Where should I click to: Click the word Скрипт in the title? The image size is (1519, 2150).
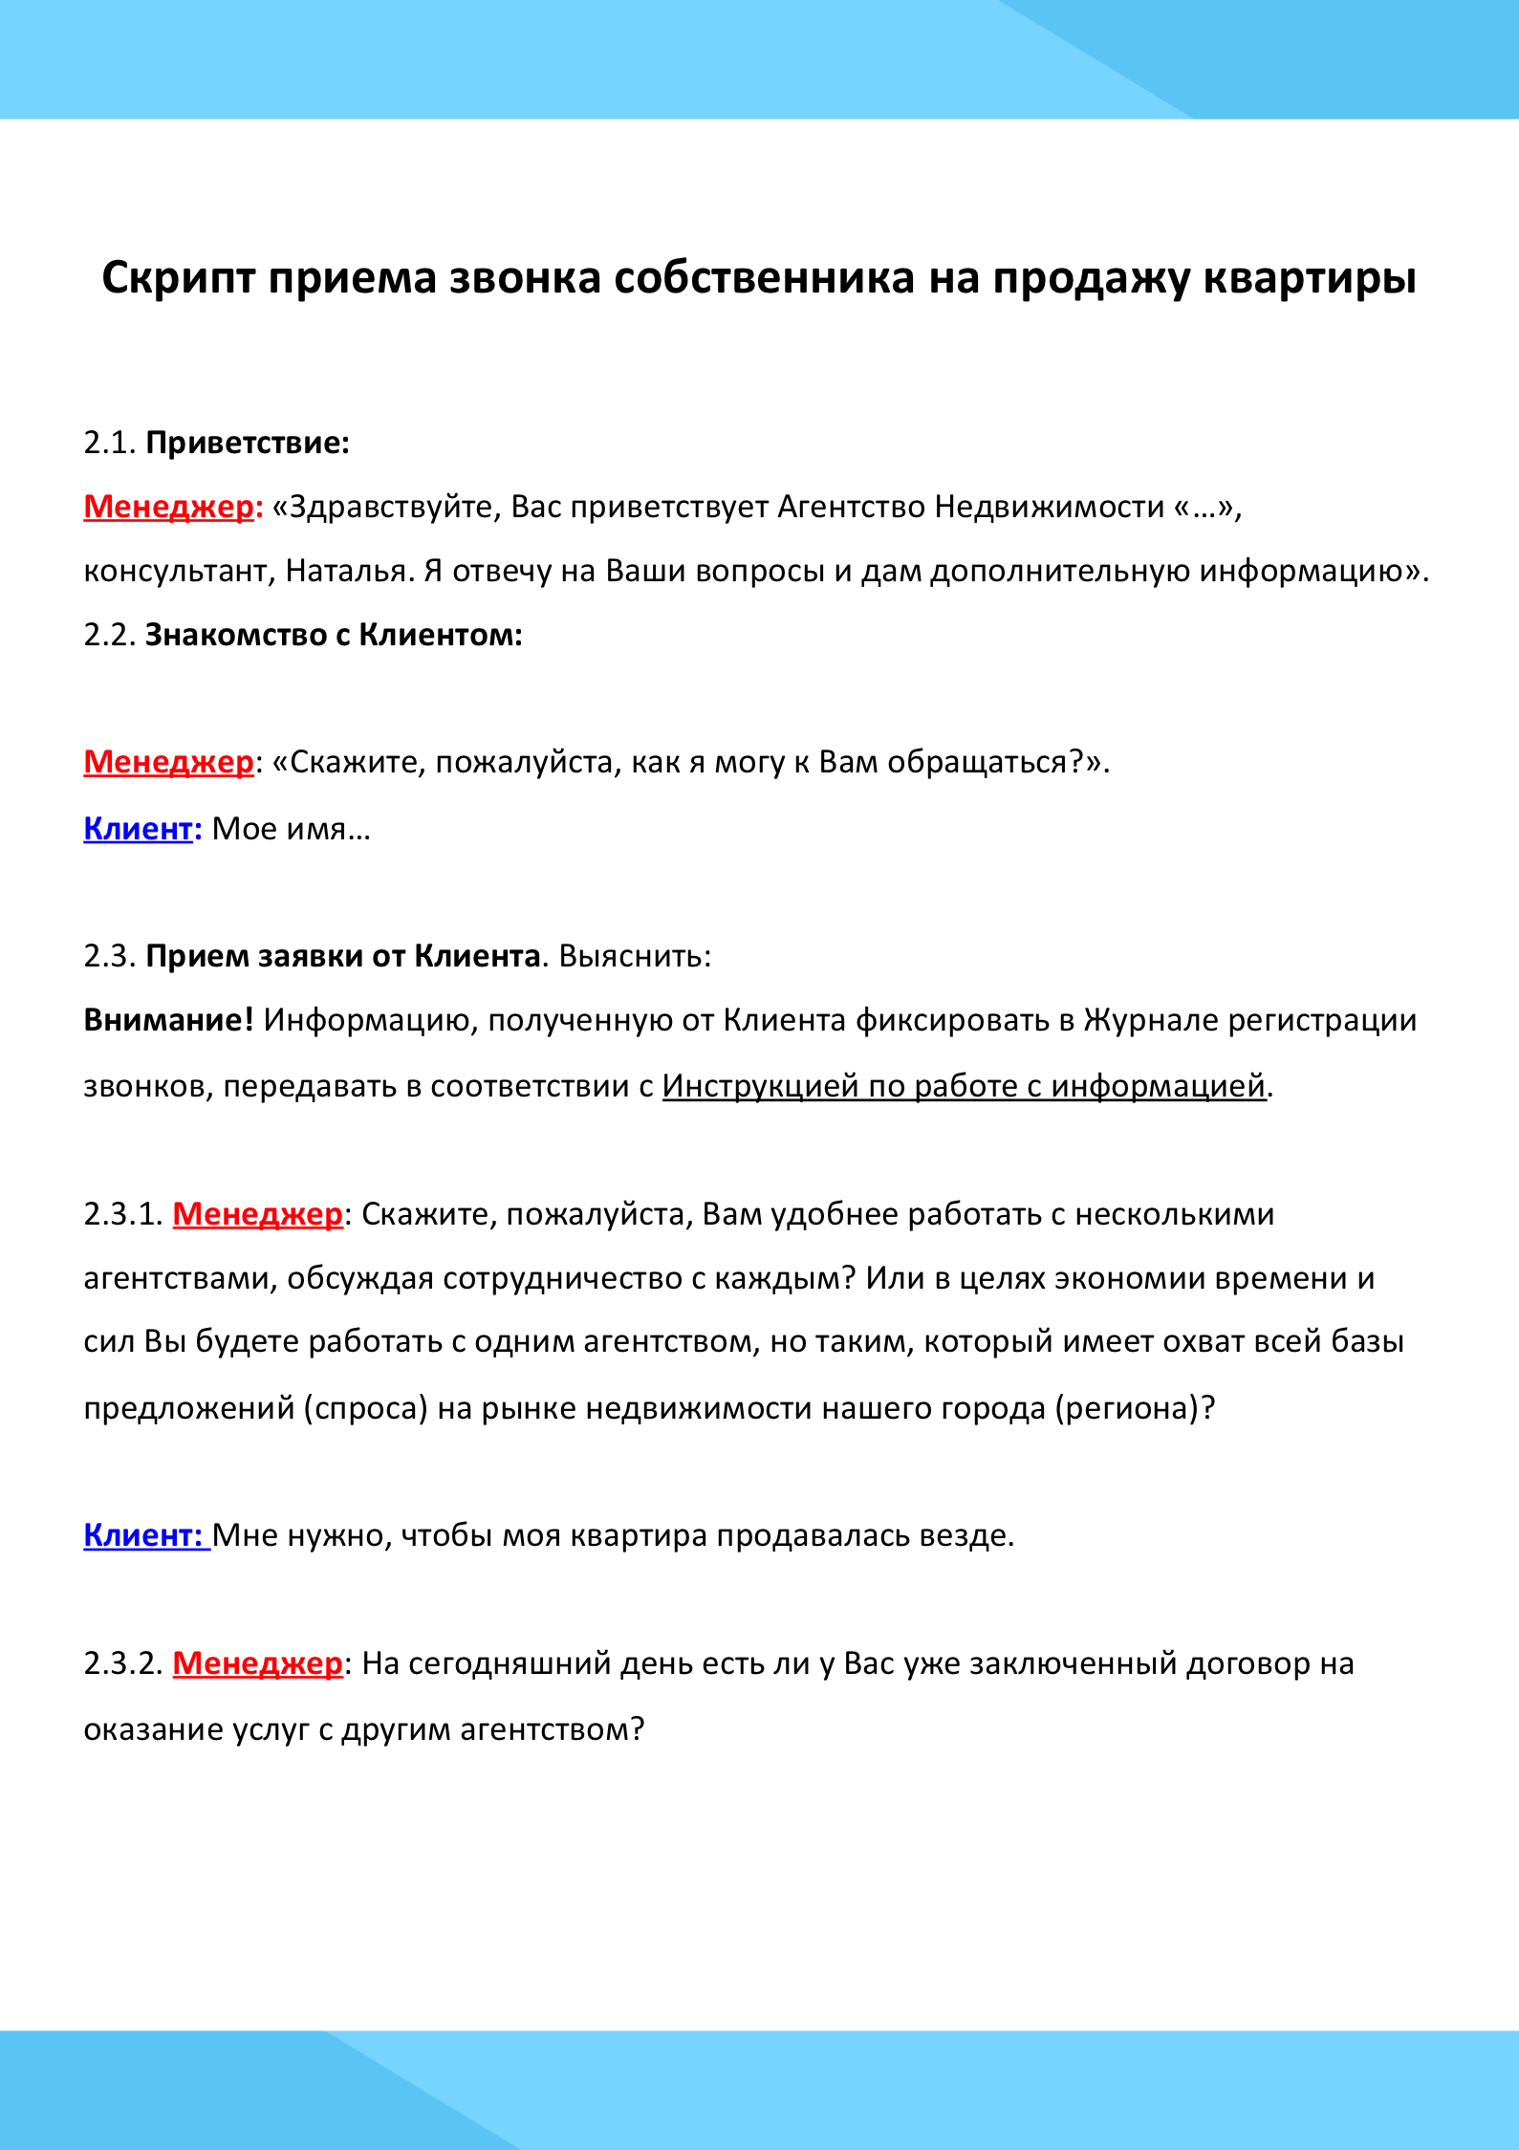click(179, 279)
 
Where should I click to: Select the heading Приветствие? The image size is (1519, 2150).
click(247, 444)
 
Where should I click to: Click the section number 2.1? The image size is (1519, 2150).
click(110, 444)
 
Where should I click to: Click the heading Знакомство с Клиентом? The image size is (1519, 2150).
click(333, 636)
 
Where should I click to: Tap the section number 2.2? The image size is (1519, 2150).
click(110, 636)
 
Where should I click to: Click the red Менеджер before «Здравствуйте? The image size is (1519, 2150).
click(169, 507)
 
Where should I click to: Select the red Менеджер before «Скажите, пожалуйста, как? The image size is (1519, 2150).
click(169, 762)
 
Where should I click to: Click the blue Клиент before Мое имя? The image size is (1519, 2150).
click(138, 829)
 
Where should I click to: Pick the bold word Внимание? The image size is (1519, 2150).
click(168, 1021)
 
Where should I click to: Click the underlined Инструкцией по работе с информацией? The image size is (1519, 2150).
click(964, 1087)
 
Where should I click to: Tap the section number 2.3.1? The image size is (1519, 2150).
click(123, 1215)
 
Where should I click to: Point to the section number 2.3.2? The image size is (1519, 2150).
click(123, 1664)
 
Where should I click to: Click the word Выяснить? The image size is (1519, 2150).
click(634, 957)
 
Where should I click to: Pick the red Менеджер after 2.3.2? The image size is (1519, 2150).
click(257, 1664)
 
